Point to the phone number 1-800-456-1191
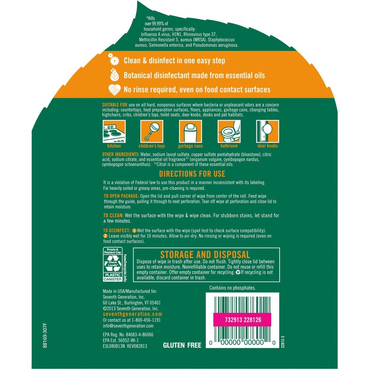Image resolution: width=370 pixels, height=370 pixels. click(x=144, y=319)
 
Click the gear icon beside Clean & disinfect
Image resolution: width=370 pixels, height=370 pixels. click(x=113, y=60)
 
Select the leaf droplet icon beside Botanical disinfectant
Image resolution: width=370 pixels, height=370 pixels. click(x=113, y=75)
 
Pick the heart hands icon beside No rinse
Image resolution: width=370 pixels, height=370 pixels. click(x=113, y=89)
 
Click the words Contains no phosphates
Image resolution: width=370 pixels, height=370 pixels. click(x=232, y=288)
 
